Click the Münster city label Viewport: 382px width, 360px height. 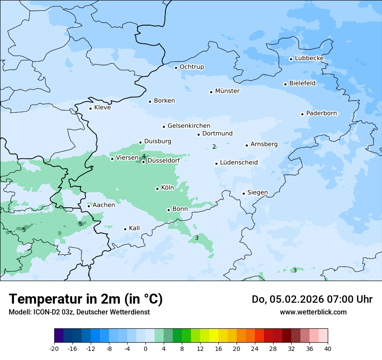tap(227, 91)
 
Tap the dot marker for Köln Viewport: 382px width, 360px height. tap(157, 189)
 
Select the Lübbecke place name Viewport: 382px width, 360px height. tap(309, 58)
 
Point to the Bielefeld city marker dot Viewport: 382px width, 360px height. tap(285, 84)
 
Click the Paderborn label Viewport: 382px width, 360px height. tap(321, 113)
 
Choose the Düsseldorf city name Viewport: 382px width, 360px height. tap(164, 160)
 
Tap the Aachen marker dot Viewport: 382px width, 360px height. tap(89, 206)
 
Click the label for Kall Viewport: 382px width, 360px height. tap(134, 228)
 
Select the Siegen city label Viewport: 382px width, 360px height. tap(257, 193)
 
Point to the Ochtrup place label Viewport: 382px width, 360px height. tap(191, 67)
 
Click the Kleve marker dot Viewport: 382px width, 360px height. tap(90, 108)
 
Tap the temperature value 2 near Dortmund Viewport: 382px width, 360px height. tap(214, 147)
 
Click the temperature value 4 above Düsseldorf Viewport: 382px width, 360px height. tap(144, 156)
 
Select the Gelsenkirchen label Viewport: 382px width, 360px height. tap(189, 126)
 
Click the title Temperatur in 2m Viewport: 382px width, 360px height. tap(86, 299)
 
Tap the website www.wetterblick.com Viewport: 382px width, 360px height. tap(313, 312)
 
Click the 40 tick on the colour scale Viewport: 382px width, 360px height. tap(328, 348)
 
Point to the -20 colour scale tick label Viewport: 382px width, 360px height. tap(54, 348)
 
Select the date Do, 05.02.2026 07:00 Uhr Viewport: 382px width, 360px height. tap(312, 299)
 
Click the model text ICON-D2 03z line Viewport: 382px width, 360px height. tap(79, 312)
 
